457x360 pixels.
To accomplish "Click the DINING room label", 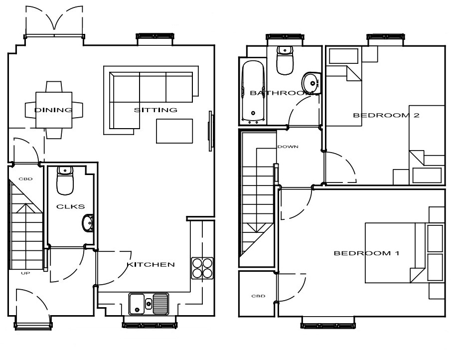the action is [x=53, y=110].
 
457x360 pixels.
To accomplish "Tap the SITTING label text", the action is [x=155, y=110].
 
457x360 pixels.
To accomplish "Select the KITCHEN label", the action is [x=151, y=264].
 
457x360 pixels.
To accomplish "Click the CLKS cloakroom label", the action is [x=71, y=206].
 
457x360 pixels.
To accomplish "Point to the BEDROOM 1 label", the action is [x=366, y=253].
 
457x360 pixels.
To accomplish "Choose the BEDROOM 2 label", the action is [x=386, y=115].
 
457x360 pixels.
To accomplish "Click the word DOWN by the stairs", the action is [x=288, y=147].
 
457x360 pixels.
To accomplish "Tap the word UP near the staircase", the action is [x=25, y=273].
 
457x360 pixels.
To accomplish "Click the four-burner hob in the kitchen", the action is [x=202, y=268].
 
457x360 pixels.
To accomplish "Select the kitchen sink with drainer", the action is [x=149, y=304].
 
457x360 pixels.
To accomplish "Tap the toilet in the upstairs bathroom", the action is [x=285, y=60].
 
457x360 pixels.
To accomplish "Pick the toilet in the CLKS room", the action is [x=65, y=180].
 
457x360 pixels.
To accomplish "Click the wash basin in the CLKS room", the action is [x=88, y=223].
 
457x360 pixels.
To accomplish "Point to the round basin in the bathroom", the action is [x=311, y=83].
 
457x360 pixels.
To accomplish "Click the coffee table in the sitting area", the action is [x=174, y=131].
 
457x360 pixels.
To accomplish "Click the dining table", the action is [x=54, y=110].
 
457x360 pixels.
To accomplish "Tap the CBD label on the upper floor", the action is [x=258, y=296].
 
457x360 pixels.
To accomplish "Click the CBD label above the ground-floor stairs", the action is [x=25, y=179].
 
